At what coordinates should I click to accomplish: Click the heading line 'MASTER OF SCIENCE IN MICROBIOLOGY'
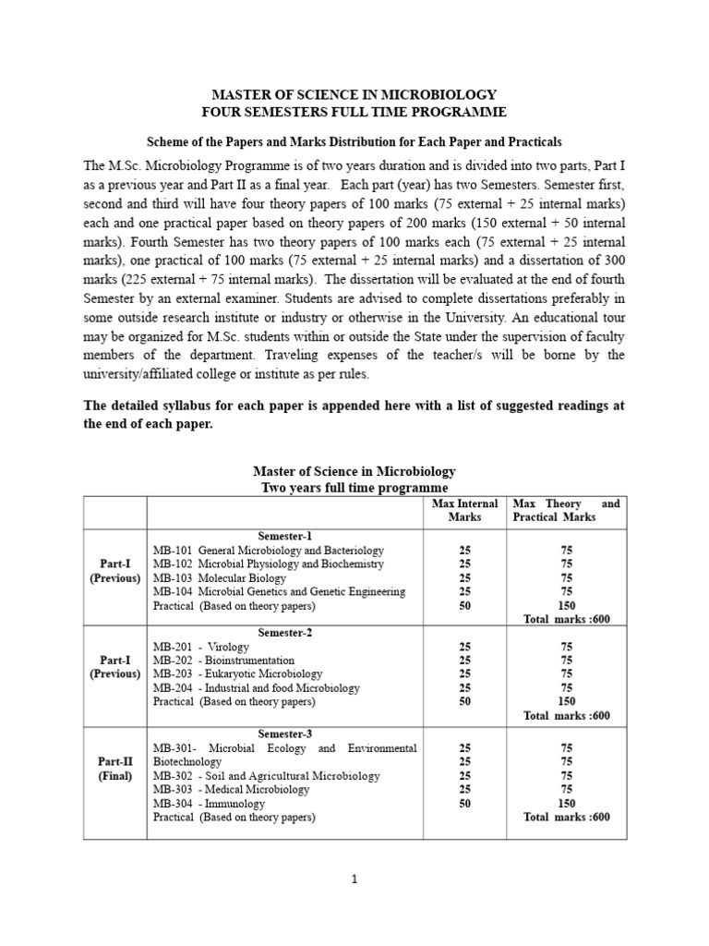[x=355, y=95]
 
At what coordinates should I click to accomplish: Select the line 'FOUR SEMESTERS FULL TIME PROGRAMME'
[x=355, y=113]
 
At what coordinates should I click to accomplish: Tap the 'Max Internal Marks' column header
[x=465, y=510]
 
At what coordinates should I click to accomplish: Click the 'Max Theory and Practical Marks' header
[x=566, y=510]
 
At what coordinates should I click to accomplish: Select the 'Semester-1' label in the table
[x=284, y=536]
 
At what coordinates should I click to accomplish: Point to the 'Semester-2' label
[x=284, y=633]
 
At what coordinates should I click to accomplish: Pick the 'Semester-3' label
[x=284, y=734]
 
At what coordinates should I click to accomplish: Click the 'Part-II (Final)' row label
[x=115, y=769]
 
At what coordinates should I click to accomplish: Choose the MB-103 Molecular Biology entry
[x=220, y=578]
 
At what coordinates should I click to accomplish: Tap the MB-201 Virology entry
[x=201, y=647]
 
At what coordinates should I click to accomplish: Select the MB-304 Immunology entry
[x=205, y=804]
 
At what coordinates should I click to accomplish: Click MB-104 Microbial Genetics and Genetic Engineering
[x=279, y=592]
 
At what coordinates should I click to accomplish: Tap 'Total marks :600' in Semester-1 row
[x=567, y=619]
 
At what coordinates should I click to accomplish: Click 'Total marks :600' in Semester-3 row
[x=567, y=818]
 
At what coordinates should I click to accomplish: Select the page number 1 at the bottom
[x=354, y=879]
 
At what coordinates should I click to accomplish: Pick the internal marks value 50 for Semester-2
[x=464, y=702]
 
